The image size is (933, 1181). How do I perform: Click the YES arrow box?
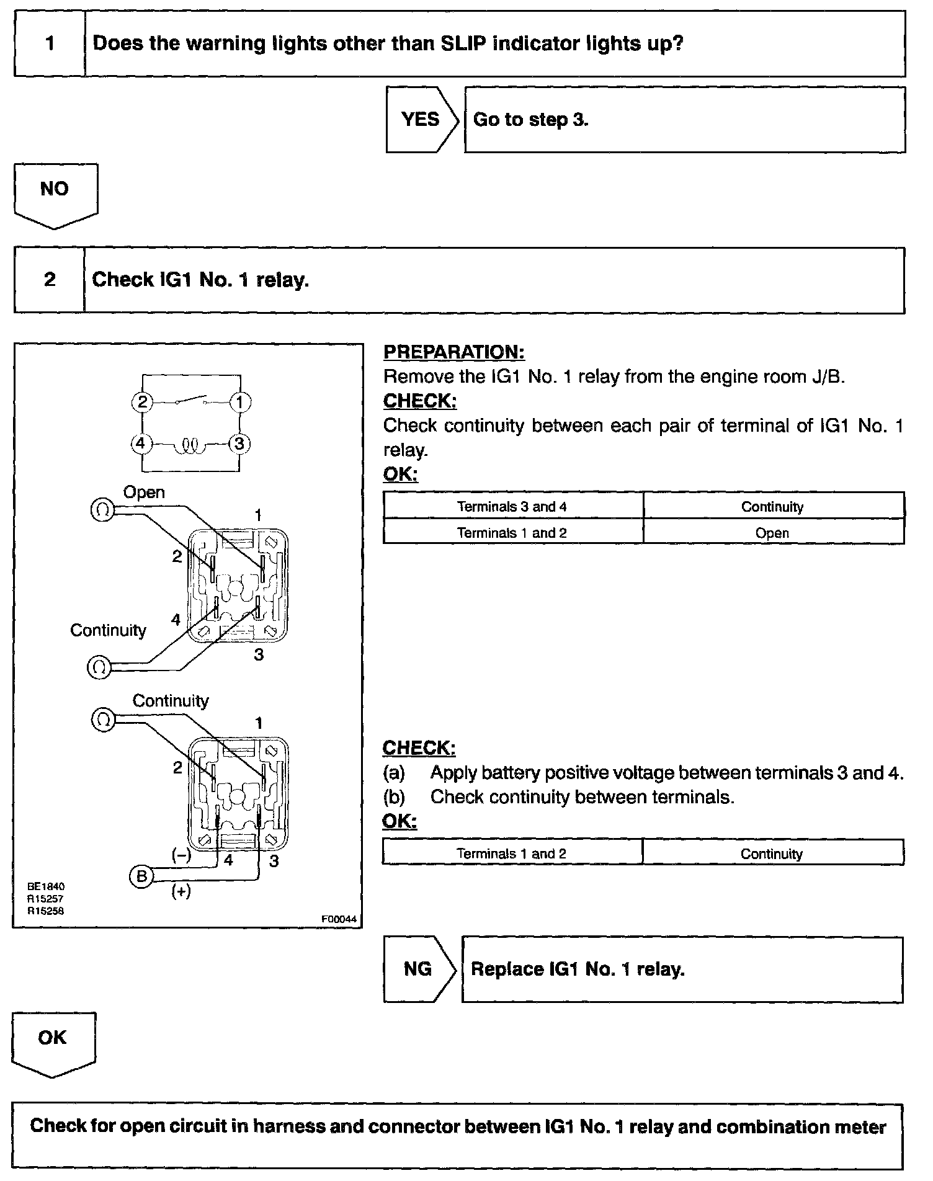420,119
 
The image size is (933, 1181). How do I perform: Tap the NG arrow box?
417,969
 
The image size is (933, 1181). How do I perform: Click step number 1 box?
50,43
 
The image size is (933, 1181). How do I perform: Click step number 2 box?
50,280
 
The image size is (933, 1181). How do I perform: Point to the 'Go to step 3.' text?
530,119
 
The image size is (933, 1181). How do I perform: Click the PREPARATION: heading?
454,352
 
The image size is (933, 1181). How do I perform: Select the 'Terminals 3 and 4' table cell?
512,506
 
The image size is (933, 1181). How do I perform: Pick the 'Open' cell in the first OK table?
772,533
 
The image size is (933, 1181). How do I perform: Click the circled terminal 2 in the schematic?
142,402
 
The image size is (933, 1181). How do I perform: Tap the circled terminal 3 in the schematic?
239,444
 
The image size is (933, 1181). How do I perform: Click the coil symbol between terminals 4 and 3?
190,445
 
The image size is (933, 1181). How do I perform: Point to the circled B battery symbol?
141,876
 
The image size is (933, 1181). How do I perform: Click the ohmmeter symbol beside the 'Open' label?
102,510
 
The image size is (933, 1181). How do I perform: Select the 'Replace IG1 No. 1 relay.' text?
578,969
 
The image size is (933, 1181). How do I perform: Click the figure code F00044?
339,919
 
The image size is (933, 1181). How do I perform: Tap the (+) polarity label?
181,892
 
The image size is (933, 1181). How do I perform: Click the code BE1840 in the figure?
45,886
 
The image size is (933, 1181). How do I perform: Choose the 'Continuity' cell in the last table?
772,854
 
